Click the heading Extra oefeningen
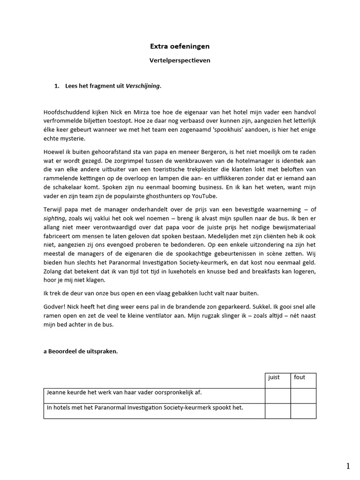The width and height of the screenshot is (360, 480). [180, 46]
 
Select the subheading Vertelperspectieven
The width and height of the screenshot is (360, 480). [180, 61]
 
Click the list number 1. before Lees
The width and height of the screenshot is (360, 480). [57, 86]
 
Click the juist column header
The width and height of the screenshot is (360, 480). [274, 377]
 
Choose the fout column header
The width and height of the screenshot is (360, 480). [300, 377]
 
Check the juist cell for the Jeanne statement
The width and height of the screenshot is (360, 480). [277, 396]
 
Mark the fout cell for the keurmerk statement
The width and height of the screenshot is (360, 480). [303, 411]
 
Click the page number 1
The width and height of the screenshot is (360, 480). [348, 466]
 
